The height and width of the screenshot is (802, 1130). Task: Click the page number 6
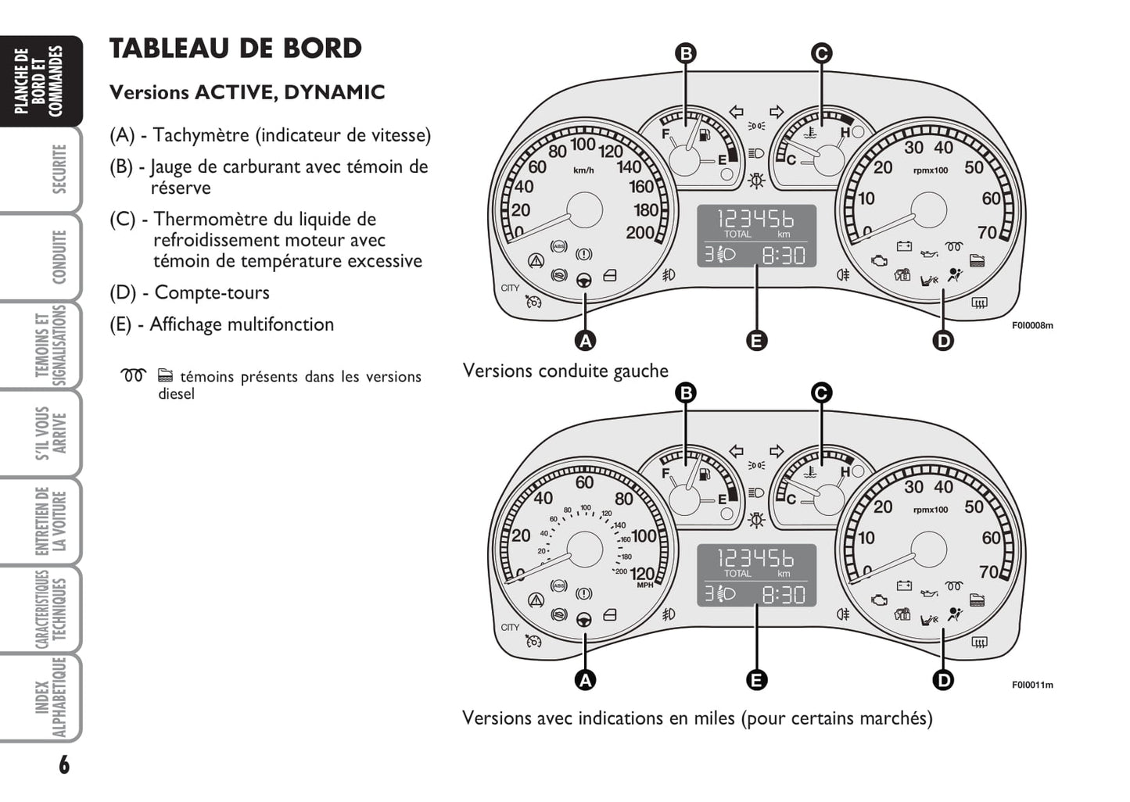pyautogui.click(x=63, y=764)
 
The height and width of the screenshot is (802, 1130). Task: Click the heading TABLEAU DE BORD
pyautogui.click(x=235, y=48)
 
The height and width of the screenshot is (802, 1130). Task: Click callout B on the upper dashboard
pyautogui.click(x=685, y=53)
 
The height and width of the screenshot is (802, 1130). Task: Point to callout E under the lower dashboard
pyautogui.click(x=756, y=680)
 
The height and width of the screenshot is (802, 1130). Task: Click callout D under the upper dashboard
pyautogui.click(x=944, y=341)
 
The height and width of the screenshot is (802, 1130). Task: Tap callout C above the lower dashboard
pyautogui.click(x=821, y=392)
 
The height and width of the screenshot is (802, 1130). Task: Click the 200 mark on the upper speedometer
pyautogui.click(x=640, y=233)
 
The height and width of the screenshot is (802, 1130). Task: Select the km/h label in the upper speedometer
pyautogui.click(x=583, y=170)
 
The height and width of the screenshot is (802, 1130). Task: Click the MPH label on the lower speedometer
pyautogui.click(x=645, y=585)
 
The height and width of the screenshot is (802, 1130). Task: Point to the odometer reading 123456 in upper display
pyautogui.click(x=755, y=218)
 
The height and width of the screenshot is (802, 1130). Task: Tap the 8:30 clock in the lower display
pyautogui.click(x=783, y=595)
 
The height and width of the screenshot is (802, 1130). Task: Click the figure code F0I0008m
pyautogui.click(x=1032, y=325)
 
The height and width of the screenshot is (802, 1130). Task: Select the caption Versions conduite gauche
pyautogui.click(x=565, y=371)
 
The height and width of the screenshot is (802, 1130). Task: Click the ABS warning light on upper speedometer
pyautogui.click(x=558, y=246)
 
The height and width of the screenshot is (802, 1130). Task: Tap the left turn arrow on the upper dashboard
pyautogui.click(x=736, y=112)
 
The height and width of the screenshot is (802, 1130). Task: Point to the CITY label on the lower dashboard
pyautogui.click(x=510, y=627)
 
